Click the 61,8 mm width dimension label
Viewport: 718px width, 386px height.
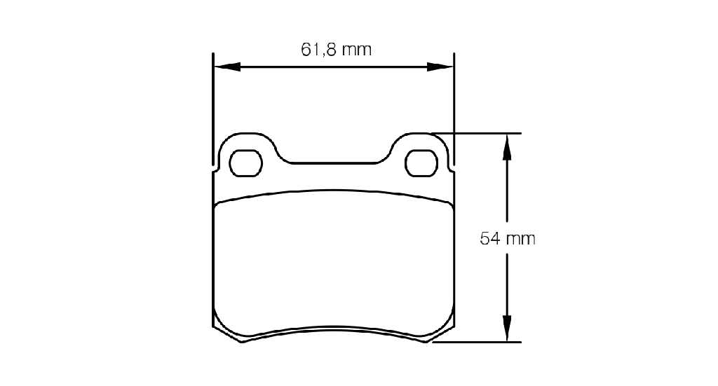click(336, 50)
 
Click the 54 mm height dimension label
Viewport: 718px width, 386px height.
click(508, 239)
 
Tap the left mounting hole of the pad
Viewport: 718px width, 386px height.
click(245, 163)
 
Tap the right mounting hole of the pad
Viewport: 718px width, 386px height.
click(421, 163)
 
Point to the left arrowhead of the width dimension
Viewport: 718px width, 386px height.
click(227, 67)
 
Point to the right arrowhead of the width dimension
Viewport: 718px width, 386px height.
click(440, 67)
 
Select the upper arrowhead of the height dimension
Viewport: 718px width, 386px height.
click(507, 147)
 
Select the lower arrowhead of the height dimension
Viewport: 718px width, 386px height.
click(507, 328)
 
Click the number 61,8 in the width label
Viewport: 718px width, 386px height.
click(318, 50)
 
